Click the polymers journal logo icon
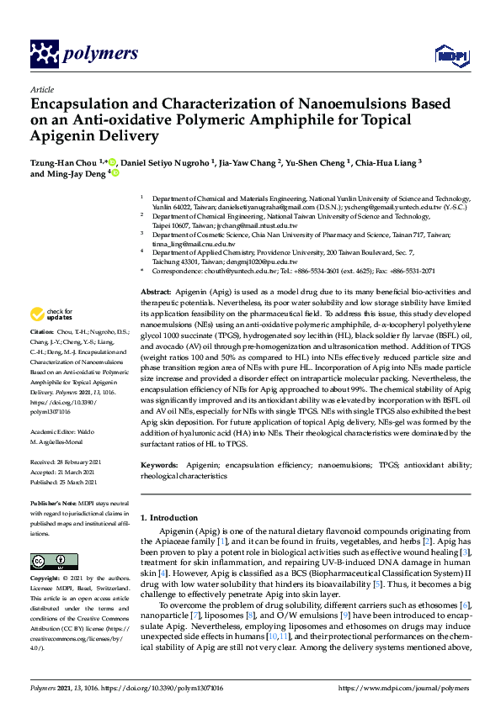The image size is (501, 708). (x=43, y=54)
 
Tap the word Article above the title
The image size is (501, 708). (x=41, y=89)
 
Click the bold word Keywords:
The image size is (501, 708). (x=159, y=465)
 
